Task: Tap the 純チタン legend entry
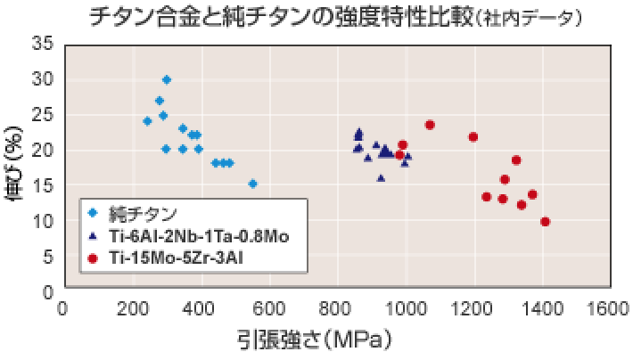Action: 143,213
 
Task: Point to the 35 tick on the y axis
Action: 43,44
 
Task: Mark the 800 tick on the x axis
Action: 337,308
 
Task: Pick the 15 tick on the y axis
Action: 43,184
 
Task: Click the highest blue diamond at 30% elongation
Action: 167,80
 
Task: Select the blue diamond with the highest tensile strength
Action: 253,184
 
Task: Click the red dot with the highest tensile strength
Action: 546,222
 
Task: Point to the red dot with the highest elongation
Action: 430,125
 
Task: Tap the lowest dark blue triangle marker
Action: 382,178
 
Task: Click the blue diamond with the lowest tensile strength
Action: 148,121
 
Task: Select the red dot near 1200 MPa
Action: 473,137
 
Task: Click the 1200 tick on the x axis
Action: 474,308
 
